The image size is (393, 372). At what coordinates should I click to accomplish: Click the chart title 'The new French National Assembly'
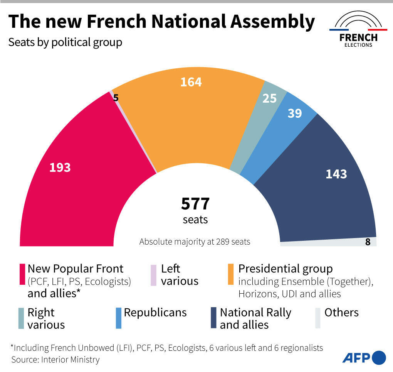[x=161, y=22]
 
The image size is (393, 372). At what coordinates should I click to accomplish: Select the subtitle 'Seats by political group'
[x=65, y=42]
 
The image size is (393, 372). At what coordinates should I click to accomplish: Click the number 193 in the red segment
[x=60, y=167]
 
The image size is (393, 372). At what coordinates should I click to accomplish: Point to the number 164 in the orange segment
[x=191, y=82]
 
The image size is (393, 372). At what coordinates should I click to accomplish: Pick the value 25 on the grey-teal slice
[x=270, y=98]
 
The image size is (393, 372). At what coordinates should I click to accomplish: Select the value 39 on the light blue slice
[x=295, y=113]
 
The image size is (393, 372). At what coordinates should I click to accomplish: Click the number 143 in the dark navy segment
[x=336, y=174]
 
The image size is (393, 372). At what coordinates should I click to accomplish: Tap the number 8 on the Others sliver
[x=368, y=242]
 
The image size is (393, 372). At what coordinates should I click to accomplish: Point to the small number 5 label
[x=116, y=98]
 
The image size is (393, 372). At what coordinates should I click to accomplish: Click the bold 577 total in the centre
[x=195, y=204]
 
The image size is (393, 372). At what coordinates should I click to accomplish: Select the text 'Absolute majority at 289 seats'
[x=195, y=242]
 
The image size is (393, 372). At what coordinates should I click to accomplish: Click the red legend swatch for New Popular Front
[x=22, y=274]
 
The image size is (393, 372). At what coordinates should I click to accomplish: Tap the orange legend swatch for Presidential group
[x=231, y=274]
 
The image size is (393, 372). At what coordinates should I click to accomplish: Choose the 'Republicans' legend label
[x=155, y=313]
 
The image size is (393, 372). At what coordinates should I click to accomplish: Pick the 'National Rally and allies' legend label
[x=255, y=318]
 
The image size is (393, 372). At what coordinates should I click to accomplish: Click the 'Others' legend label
[x=341, y=313]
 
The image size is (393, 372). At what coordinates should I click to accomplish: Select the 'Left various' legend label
[x=180, y=274]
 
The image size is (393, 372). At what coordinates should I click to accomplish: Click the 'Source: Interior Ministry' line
[x=55, y=360]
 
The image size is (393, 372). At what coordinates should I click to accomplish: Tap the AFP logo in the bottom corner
[x=364, y=357]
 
